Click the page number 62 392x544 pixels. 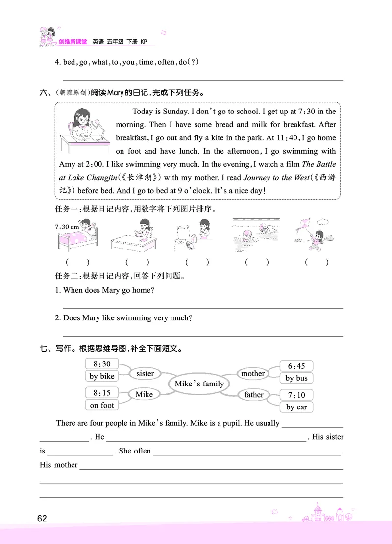(42, 518)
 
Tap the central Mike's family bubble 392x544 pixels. (199, 384)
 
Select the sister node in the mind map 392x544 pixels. (145, 373)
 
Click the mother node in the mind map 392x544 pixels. (253, 373)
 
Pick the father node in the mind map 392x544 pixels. (254, 395)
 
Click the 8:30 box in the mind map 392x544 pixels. (101, 364)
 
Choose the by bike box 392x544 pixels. (102, 376)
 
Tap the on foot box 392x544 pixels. (101, 405)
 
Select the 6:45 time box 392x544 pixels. (296, 366)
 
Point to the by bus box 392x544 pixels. (296, 378)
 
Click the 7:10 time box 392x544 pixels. (296, 395)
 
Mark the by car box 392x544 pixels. (296, 407)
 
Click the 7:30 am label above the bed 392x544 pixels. (68, 227)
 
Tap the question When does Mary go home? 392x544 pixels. (109, 290)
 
